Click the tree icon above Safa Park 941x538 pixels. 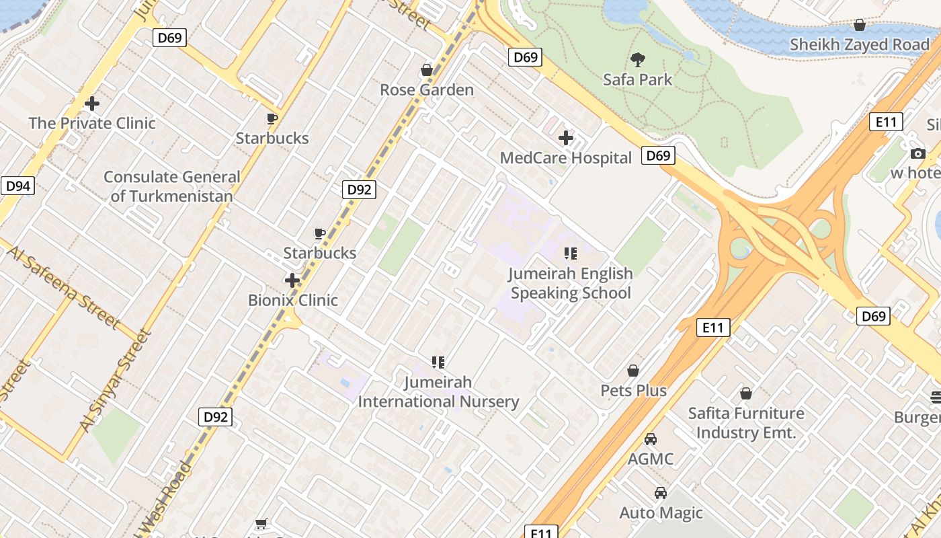638,60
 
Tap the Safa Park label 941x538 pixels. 637,80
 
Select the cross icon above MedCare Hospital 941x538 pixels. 566,138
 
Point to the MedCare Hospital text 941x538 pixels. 566,158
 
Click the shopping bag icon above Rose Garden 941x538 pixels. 426,70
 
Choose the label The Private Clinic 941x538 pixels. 92,123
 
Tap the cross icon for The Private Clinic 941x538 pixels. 92,104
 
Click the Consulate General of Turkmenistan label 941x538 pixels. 171,187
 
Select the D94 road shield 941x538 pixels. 17,186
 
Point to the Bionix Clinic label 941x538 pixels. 293,300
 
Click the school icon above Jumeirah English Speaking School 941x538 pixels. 570,254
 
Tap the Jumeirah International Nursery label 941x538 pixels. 438,392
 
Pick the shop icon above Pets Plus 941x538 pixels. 633,371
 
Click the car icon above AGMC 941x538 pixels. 651,439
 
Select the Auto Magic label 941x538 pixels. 661,513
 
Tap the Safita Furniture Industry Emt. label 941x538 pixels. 745,423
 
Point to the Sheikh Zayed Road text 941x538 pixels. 859,45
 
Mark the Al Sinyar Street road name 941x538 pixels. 114,380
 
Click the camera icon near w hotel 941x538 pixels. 917,154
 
